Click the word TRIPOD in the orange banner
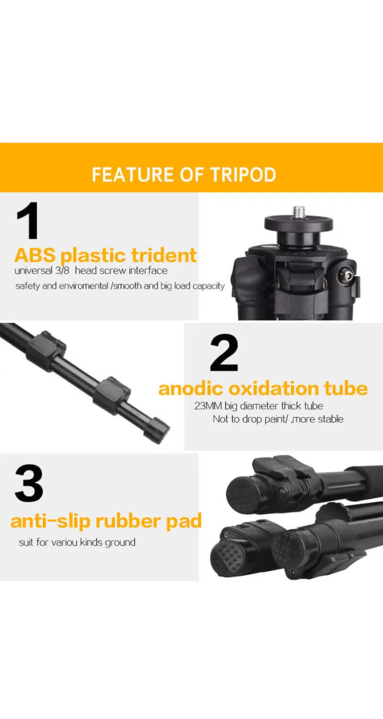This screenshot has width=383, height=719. coord(243,174)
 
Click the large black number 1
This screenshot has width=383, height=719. coord(28,220)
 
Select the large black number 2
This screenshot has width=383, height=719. coord(224,353)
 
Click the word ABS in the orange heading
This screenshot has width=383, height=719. coord(35,255)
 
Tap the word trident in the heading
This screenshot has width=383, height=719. coord(164,255)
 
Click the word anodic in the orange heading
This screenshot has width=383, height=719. coord(191,388)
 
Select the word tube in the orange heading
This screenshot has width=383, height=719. coord(346,388)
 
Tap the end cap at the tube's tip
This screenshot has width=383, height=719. coord(157,430)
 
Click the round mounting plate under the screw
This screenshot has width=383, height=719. coord(299,223)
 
